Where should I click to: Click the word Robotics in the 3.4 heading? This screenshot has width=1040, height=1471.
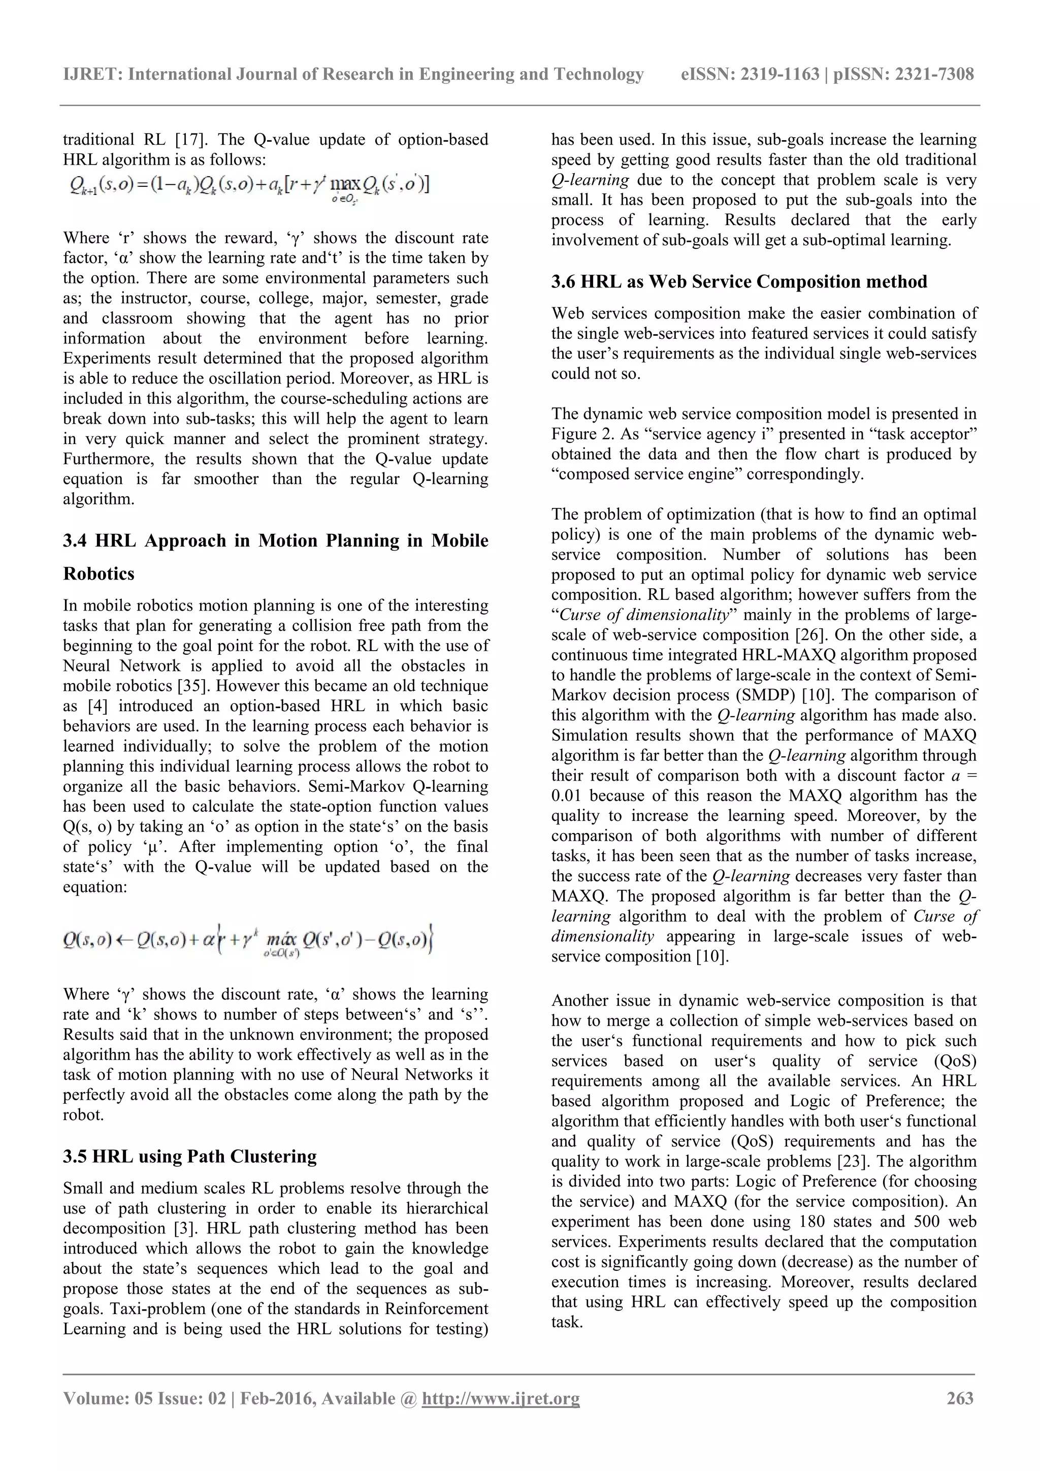click(99, 573)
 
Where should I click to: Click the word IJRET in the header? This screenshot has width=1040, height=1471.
click(92, 74)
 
